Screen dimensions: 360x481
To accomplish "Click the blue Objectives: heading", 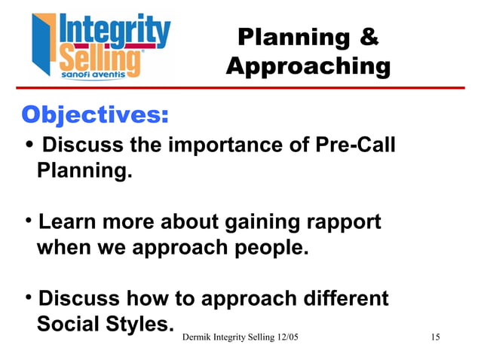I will point(94,114).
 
